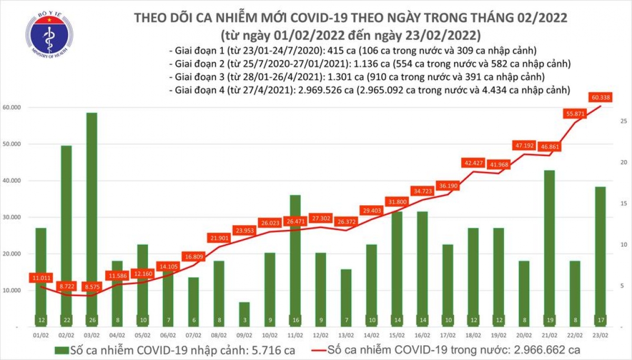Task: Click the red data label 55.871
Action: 574,114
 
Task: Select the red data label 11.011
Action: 41,277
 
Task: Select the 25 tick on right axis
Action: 623,122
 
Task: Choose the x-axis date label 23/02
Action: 599,335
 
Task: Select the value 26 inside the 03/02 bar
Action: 92,319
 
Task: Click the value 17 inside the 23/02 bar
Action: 599,319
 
